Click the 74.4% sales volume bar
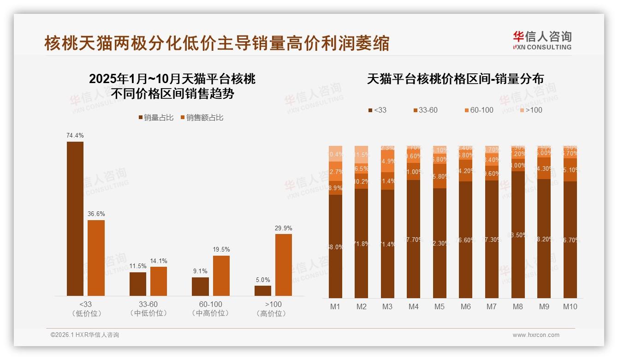click(75, 218)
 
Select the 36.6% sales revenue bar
click(96, 258)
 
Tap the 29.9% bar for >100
click(284, 264)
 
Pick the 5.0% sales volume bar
click(263, 291)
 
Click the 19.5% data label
click(221, 250)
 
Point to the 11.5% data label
click(138, 266)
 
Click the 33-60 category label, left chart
click(149, 304)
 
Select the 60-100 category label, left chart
click(211, 304)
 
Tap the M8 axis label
click(518, 306)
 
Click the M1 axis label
click(335, 306)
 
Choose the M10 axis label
click(570, 306)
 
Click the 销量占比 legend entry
click(156, 118)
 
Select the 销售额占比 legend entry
click(202, 118)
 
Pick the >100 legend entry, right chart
click(531, 110)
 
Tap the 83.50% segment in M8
click(518, 234)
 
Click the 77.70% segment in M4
click(414, 239)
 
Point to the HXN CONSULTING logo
click(542, 41)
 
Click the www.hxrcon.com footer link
click(536, 335)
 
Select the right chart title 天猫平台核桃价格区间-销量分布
click(455, 79)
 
